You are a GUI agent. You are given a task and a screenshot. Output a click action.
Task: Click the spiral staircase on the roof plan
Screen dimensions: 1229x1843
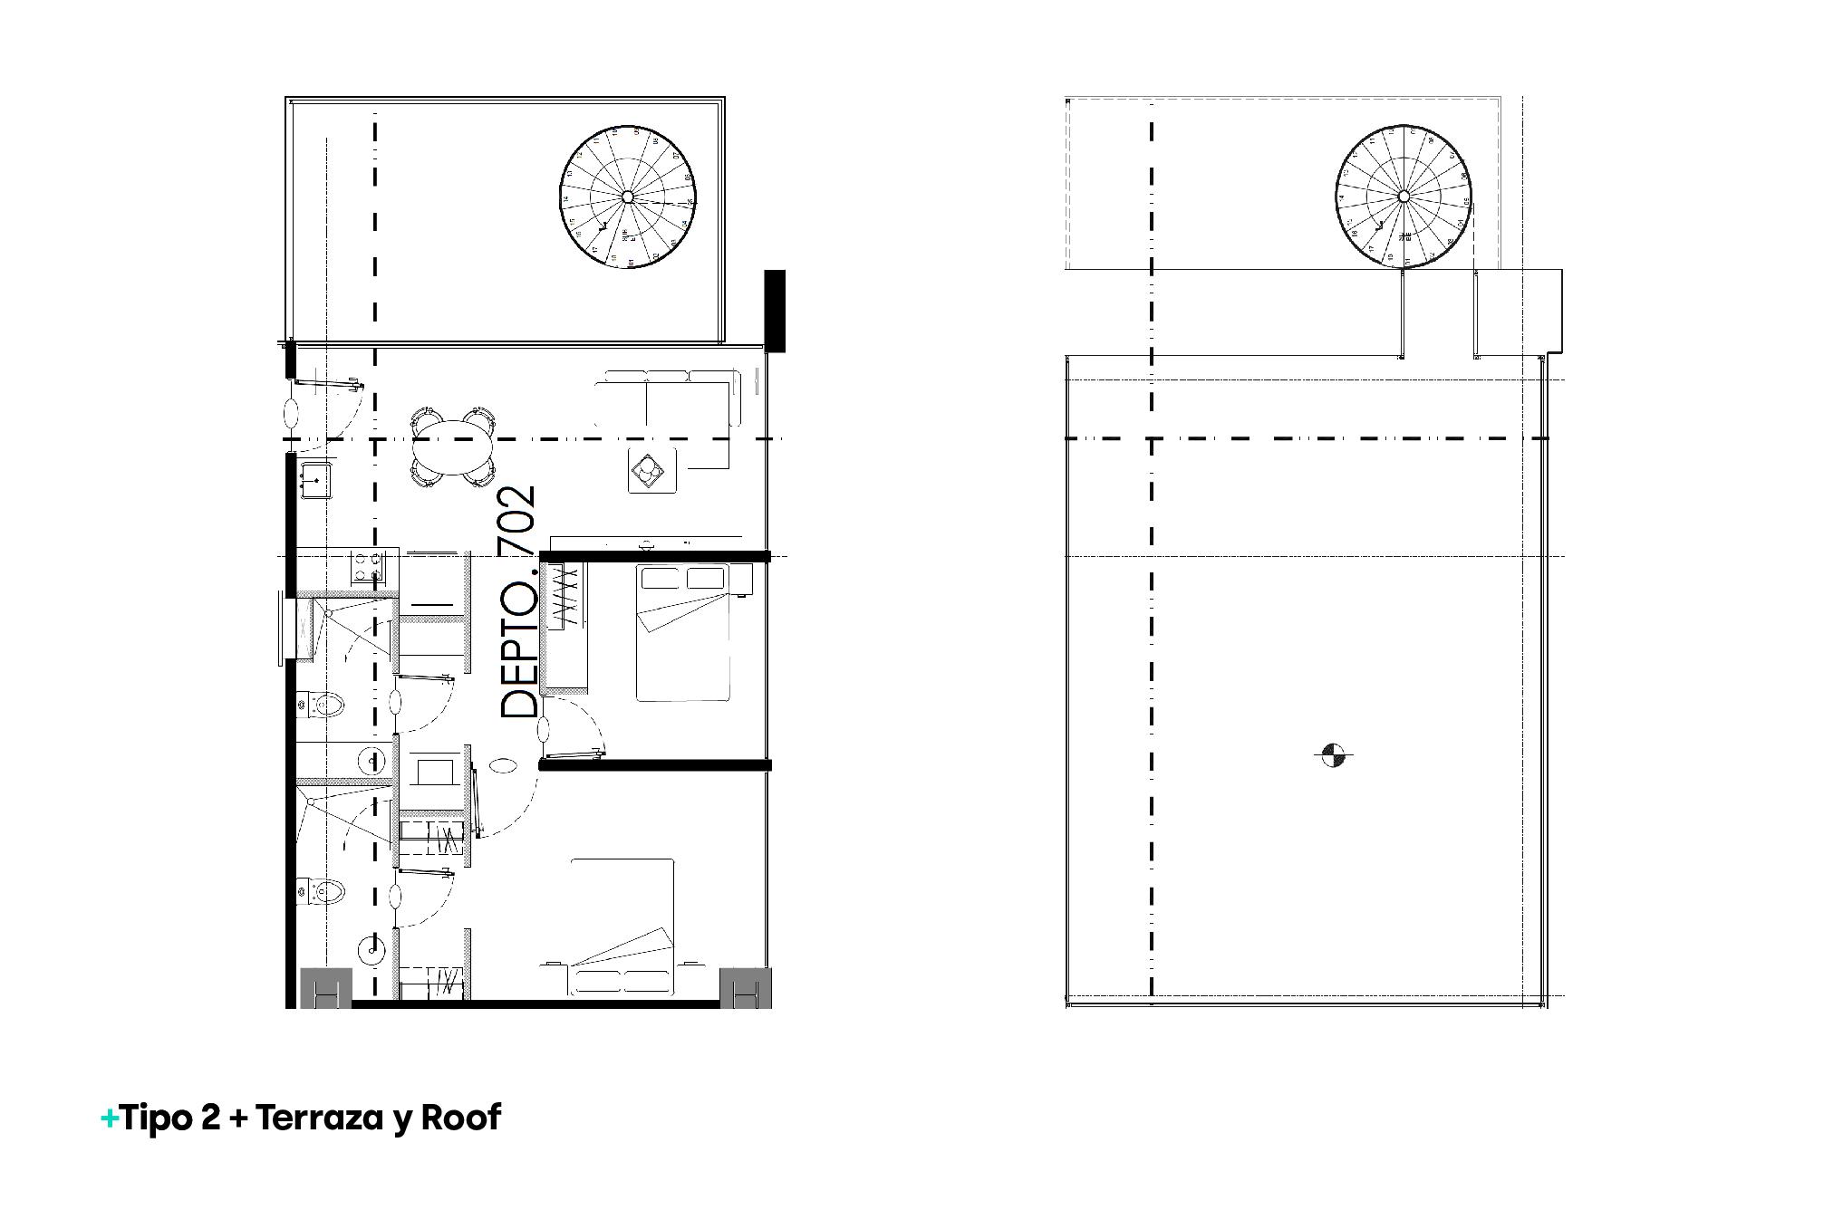pyautogui.click(x=1403, y=197)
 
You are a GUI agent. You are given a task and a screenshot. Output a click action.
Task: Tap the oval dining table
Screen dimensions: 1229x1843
pyautogui.click(x=453, y=451)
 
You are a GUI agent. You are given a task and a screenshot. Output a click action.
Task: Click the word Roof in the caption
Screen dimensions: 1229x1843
pyautogui.click(x=461, y=1119)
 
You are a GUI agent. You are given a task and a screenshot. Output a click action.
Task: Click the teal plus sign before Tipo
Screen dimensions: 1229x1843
pyautogui.click(x=109, y=1119)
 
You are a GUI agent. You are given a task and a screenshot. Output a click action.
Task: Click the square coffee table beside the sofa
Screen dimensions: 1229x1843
pyautogui.click(x=652, y=469)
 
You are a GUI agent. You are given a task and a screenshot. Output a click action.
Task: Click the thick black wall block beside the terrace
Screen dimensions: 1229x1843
pyautogui.click(x=775, y=311)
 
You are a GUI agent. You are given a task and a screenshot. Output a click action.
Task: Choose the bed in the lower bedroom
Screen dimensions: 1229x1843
pyautogui.click(x=622, y=928)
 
